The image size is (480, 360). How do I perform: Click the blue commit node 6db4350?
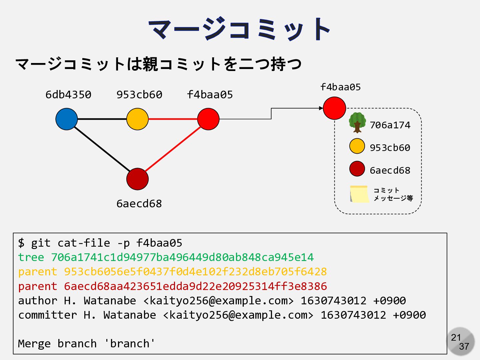click(x=67, y=119)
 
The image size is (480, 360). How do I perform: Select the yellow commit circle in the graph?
click(x=137, y=119)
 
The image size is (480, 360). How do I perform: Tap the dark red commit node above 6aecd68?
click(x=137, y=179)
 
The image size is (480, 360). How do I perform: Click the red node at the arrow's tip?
click(x=334, y=108)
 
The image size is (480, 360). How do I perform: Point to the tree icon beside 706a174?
click(x=357, y=122)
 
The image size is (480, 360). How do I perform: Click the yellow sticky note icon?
click(x=359, y=194)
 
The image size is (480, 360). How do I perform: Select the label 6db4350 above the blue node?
click(x=68, y=95)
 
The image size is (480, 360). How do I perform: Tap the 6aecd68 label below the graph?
click(x=139, y=203)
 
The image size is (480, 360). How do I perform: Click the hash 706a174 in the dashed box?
click(x=390, y=125)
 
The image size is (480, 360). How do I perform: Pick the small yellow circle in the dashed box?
click(x=357, y=146)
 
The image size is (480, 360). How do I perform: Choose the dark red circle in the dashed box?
click(x=357, y=169)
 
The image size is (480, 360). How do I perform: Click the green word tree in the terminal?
click(x=31, y=257)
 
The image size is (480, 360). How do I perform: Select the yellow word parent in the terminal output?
click(x=37, y=272)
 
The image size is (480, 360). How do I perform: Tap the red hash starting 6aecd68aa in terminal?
click(x=195, y=286)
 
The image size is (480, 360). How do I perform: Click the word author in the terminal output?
click(x=37, y=301)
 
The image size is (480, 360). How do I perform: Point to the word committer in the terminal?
click(x=47, y=315)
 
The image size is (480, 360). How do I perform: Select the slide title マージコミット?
click(x=239, y=29)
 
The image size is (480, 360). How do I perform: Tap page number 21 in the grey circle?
click(x=456, y=337)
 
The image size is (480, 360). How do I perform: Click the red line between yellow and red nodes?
click(x=173, y=119)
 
